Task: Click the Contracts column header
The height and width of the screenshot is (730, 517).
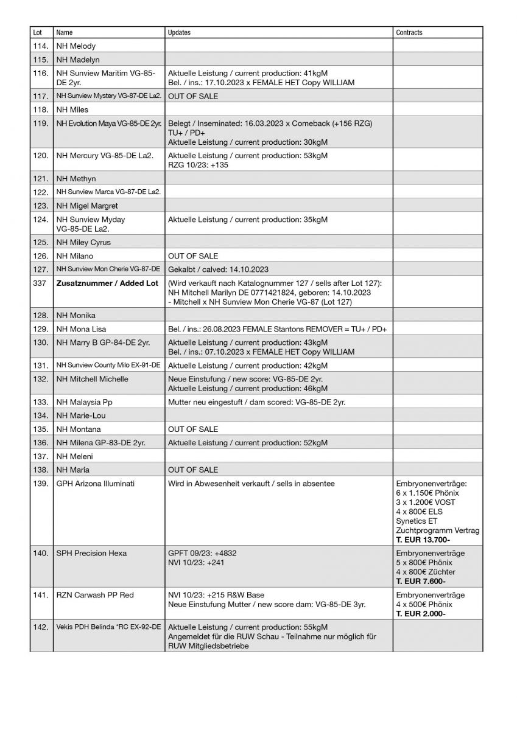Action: pyautogui.click(x=409, y=32)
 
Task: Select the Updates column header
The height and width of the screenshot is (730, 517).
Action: pyautogui.click(x=179, y=32)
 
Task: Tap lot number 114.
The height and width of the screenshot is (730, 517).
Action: pyautogui.click(x=41, y=46)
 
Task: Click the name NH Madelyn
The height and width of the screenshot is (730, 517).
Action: pyautogui.click(x=77, y=60)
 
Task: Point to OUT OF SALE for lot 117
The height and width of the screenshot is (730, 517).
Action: pyautogui.click(x=192, y=96)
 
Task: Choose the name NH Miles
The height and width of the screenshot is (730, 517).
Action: pyautogui.click(x=72, y=109)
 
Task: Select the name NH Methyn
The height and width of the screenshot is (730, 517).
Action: pyautogui.click(x=76, y=179)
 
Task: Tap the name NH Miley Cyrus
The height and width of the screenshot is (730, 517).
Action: pyautogui.click(x=83, y=242)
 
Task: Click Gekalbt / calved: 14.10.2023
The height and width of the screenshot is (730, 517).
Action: pyautogui.click(x=218, y=269)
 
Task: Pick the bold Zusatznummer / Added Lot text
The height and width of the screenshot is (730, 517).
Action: pyautogui.click(x=107, y=283)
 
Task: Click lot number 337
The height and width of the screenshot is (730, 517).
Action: pyautogui.click(x=40, y=283)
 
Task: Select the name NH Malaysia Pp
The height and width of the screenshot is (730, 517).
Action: pyautogui.click(x=84, y=402)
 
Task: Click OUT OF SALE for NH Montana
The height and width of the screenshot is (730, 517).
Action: pyautogui.click(x=192, y=429)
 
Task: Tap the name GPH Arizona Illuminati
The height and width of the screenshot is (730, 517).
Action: pyautogui.click(x=95, y=484)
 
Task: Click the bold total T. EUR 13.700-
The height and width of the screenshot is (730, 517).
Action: pyautogui.click(x=423, y=540)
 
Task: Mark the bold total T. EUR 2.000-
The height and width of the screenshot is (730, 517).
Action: pyautogui.click(x=420, y=614)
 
